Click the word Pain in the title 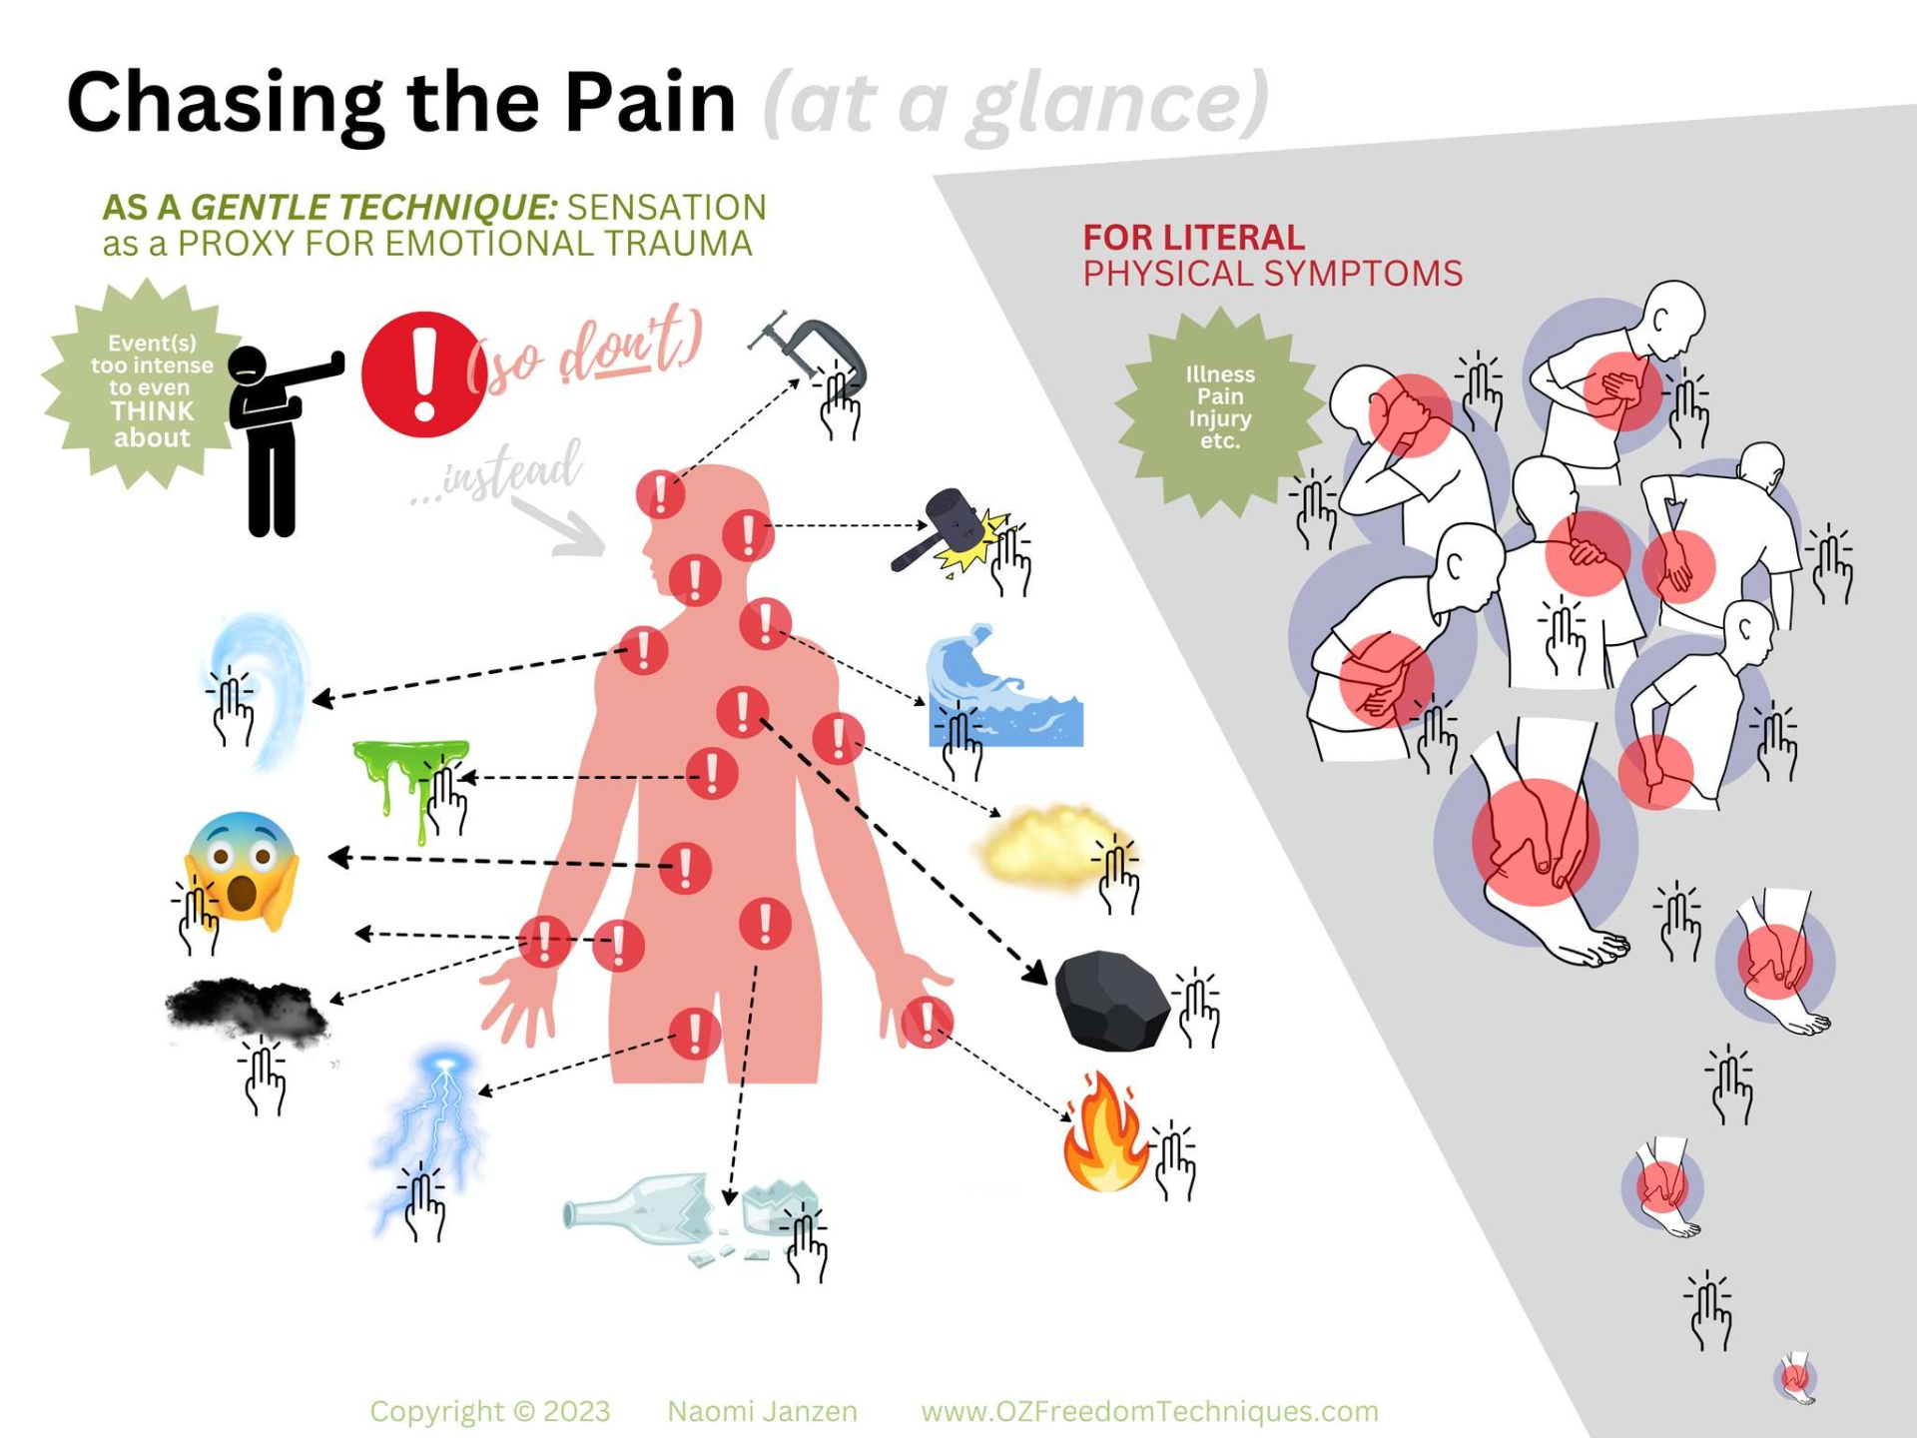pyautogui.click(x=650, y=102)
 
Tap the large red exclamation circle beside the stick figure pyautogui.click(x=423, y=375)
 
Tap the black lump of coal pyautogui.click(x=1110, y=1001)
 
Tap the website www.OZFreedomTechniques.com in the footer pyautogui.click(x=1149, y=1411)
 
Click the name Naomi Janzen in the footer pyautogui.click(x=762, y=1411)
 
